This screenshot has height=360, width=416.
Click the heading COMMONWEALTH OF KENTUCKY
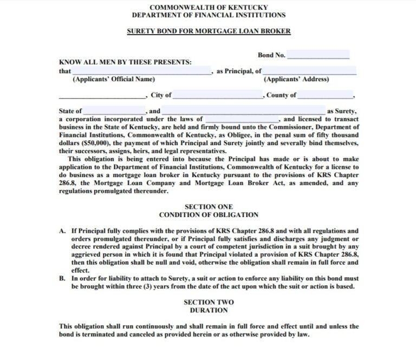click(209, 7)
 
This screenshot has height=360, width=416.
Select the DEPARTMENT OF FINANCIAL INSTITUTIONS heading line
click(209, 15)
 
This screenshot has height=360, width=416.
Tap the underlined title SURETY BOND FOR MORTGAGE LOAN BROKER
click(209, 31)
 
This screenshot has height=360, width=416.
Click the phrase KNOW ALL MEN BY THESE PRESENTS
click(125, 62)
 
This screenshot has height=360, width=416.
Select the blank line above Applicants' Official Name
click(141, 71)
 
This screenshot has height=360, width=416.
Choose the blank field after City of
click(218, 95)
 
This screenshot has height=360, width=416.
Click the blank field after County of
click(325, 95)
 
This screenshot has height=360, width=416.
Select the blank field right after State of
click(114, 111)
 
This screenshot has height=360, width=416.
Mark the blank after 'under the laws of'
click(242, 119)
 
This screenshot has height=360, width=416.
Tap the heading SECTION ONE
click(209, 207)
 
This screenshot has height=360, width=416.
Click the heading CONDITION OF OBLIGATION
click(209, 215)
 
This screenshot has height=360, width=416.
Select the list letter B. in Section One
click(63, 278)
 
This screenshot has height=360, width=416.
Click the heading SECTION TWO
click(209, 302)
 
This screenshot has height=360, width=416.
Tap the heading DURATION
click(209, 310)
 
